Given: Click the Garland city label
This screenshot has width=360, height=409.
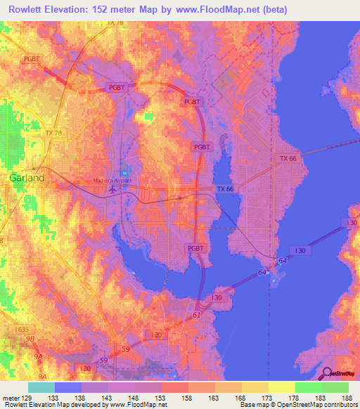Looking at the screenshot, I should (27, 178).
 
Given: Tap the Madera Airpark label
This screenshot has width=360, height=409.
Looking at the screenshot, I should (112, 181).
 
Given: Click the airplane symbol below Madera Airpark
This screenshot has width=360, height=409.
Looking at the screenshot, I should (112, 189).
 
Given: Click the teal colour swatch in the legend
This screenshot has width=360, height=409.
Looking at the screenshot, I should (41, 387).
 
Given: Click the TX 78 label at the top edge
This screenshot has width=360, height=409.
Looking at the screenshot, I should (115, 23).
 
